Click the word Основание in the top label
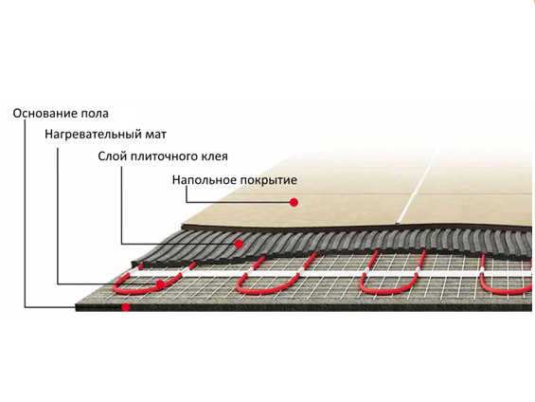coord(45,114)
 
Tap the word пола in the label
coord(95,114)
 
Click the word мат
coord(154,135)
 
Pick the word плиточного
coord(164,156)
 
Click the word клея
coord(214,156)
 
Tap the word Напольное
coord(204,180)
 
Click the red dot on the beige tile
coord(294,202)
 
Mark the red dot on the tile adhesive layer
coord(239,244)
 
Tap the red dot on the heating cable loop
coord(160,283)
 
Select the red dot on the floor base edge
coord(126,307)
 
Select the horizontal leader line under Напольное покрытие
coord(238,202)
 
